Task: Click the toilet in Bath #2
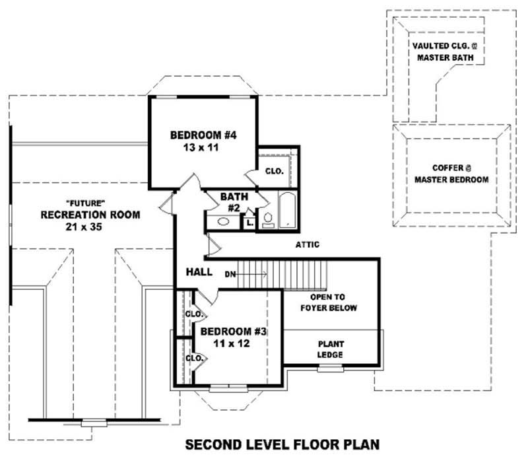[x=268, y=219]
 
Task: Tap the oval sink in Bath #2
[x=222, y=221]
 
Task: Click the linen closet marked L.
[x=249, y=223]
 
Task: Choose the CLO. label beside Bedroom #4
[x=274, y=170]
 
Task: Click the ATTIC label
[x=308, y=245]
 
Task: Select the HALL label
[x=199, y=271]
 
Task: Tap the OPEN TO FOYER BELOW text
[x=328, y=302]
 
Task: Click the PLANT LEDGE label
[x=331, y=349]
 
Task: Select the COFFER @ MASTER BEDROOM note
[x=451, y=174]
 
